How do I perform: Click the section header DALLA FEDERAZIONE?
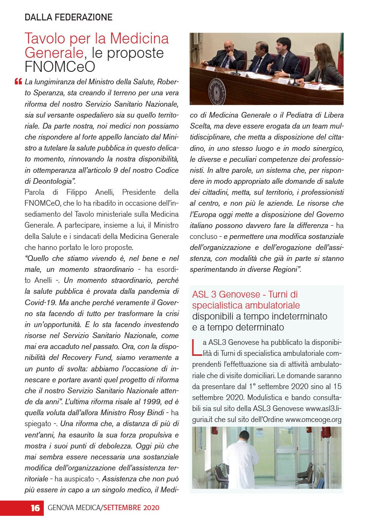click(68, 17)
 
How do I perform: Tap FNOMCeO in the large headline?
click(60, 67)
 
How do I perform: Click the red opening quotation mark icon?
click(18, 81)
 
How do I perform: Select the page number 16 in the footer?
click(35, 508)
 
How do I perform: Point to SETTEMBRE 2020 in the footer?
click(131, 508)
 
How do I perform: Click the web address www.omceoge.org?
click(313, 419)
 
